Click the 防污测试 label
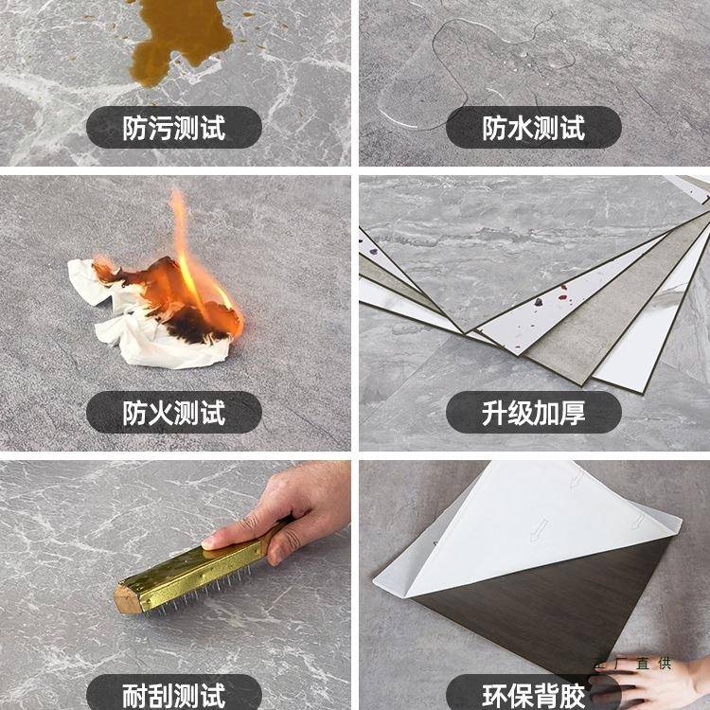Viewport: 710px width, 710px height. [174, 128]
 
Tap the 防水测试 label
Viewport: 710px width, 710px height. [534, 128]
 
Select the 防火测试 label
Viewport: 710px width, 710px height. [174, 413]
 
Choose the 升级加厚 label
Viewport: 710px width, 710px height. [534, 413]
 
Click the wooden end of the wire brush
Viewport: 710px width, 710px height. [127, 598]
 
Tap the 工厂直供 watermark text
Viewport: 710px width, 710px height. [630, 664]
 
